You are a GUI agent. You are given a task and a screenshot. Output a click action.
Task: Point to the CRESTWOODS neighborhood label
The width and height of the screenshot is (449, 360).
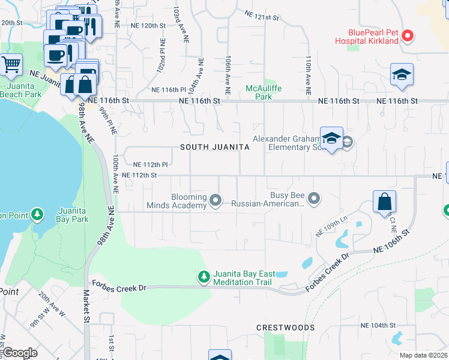[x=285, y=328]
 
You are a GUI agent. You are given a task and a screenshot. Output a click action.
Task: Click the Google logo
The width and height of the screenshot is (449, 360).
[x=20, y=353]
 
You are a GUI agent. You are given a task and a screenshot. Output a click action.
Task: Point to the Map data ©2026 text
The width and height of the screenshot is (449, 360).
[x=423, y=355]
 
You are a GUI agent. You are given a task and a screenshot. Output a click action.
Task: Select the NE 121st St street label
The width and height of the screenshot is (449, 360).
[x=262, y=15]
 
